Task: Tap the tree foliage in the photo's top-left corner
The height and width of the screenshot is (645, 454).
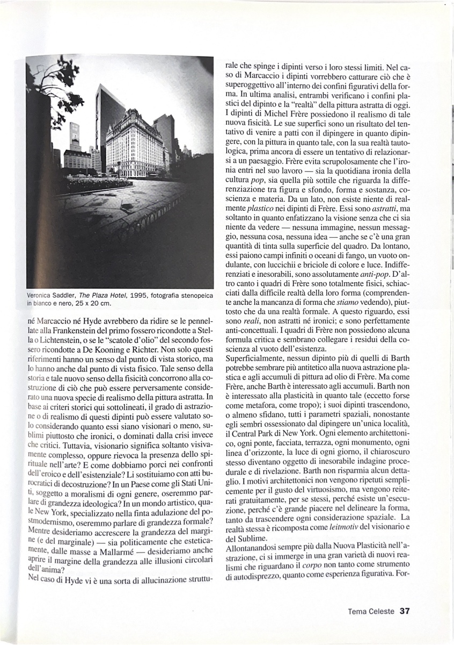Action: (51, 78)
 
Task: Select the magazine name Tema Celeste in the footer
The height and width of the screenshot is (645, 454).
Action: (371, 611)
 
